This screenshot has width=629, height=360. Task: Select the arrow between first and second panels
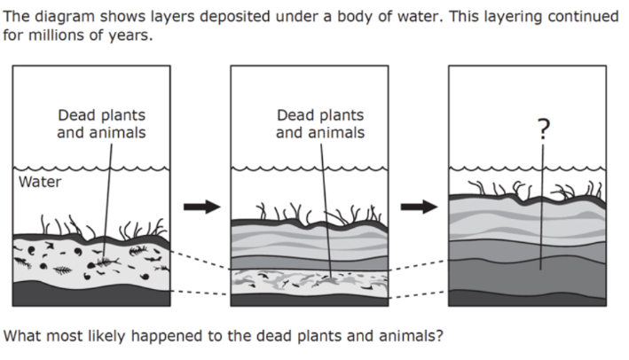click(x=201, y=207)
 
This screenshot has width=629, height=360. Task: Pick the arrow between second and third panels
click(x=420, y=207)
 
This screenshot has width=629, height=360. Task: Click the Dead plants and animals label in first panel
click(x=101, y=124)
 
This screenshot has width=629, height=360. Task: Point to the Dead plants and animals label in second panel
click(x=320, y=124)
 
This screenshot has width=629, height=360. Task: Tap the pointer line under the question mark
click(x=542, y=204)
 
